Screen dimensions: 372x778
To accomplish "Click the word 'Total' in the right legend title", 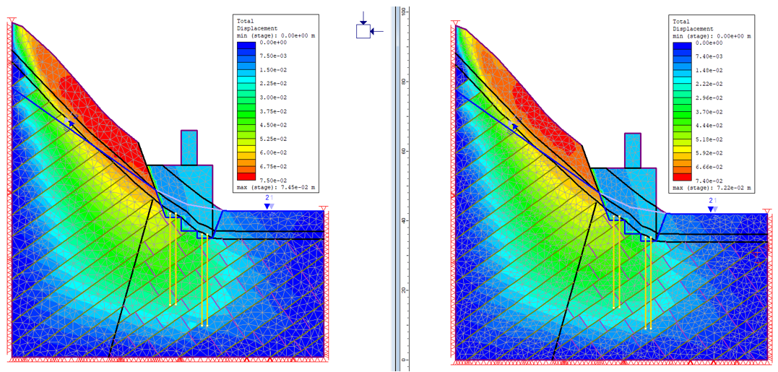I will (681, 22).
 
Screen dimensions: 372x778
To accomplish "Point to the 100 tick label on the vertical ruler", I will (405, 12).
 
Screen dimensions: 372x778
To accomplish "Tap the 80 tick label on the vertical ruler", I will (405, 82).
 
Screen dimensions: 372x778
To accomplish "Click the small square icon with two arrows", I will (363, 31).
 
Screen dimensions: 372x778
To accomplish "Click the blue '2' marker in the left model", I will (267, 197).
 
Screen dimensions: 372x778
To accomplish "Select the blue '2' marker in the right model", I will (711, 200).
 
